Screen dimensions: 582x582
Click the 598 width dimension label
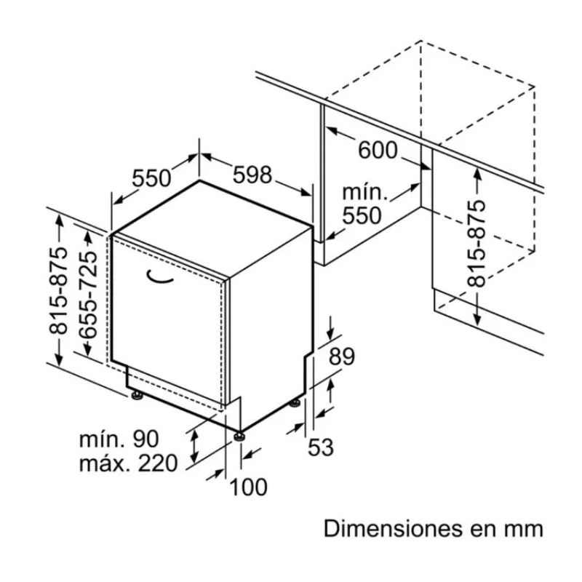[x=252, y=175]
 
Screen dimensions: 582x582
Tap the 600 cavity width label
[x=378, y=151]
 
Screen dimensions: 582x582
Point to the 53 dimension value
[x=320, y=447]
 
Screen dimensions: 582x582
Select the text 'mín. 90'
[x=119, y=439]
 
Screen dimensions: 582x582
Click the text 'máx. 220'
[x=128, y=463]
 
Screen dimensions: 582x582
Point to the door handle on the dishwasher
[x=159, y=276]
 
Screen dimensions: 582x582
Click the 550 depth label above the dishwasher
[x=151, y=178]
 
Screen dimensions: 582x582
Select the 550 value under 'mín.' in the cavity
[x=362, y=215]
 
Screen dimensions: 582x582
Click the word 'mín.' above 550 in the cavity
[x=362, y=192]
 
